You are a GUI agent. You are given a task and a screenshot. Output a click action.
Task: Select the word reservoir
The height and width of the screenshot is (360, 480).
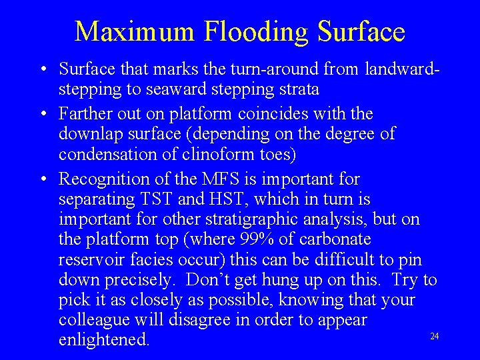point(88,259)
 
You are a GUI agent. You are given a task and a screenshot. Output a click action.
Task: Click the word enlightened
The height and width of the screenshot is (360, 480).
point(103,339)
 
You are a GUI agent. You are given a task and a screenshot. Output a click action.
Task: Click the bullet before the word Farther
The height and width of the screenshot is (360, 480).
point(42,115)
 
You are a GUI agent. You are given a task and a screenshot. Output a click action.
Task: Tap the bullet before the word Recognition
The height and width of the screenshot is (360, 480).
point(42,179)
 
